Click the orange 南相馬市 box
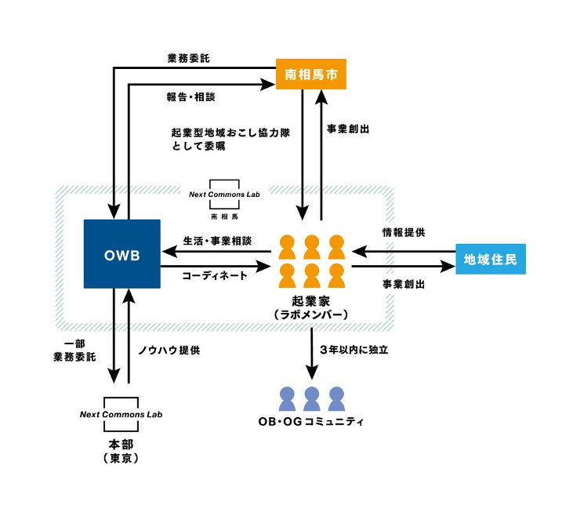pos(310,74)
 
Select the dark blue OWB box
pos(121,254)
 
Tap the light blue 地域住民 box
pos(490,259)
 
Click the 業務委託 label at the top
pos(188,58)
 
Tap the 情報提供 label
pos(403,233)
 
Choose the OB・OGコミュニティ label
pos(311,421)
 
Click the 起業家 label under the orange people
pos(311,300)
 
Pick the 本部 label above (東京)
pos(121,443)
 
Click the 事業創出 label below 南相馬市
pos(349,129)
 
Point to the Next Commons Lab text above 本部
pos(121,414)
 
